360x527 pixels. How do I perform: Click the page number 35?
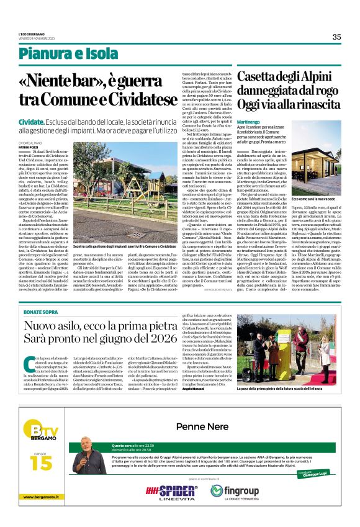click(336, 37)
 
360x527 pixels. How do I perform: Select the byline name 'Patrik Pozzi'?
click(45, 146)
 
